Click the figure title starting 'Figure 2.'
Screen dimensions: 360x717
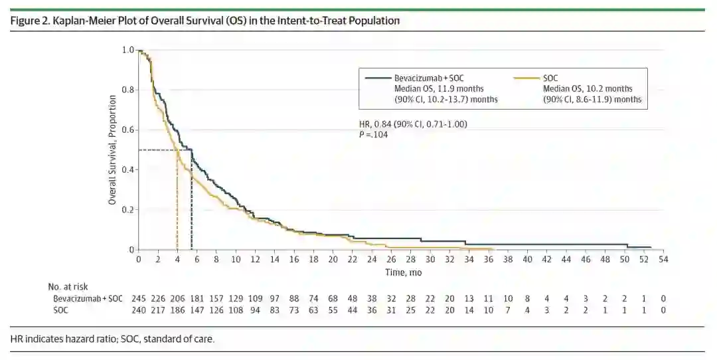(x=205, y=21)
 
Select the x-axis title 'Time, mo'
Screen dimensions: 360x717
(x=403, y=272)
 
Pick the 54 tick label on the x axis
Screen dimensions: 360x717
(x=662, y=259)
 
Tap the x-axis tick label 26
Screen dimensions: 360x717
(x=390, y=259)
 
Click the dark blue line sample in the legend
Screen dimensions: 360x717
(x=377, y=78)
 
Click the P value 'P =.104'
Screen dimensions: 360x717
(x=372, y=134)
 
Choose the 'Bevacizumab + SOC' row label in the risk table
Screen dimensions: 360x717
(x=88, y=299)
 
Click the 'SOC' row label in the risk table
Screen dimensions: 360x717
(x=61, y=310)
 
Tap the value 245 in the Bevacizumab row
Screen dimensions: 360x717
(x=139, y=299)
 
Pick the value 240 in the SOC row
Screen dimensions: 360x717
(x=139, y=310)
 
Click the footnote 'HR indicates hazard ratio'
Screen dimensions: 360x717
(x=113, y=339)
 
